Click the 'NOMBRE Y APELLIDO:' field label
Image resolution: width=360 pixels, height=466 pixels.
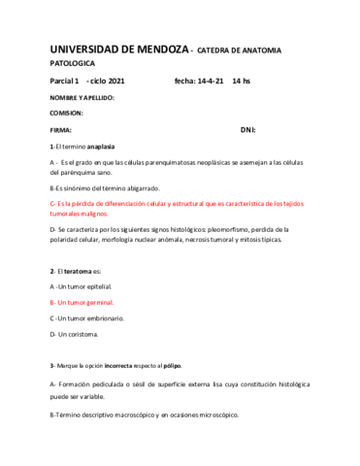pyautogui.click(x=82, y=98)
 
